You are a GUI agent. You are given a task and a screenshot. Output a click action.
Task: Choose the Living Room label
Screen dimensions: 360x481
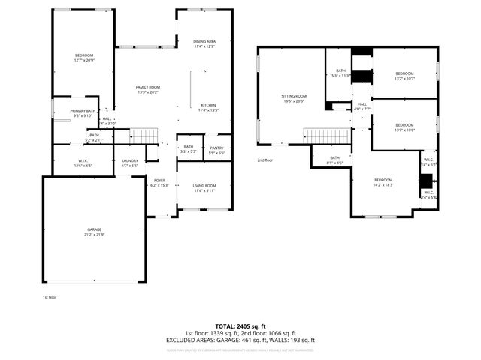click(x=205, y=187)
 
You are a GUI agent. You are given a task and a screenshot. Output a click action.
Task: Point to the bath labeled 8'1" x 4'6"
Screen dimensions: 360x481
click(x=334, y=160)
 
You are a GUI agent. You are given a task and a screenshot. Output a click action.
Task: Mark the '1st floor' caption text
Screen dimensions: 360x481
click(x=50, y=298)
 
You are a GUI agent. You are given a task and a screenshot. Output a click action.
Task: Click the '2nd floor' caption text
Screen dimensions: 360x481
click(x=265, y=160)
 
